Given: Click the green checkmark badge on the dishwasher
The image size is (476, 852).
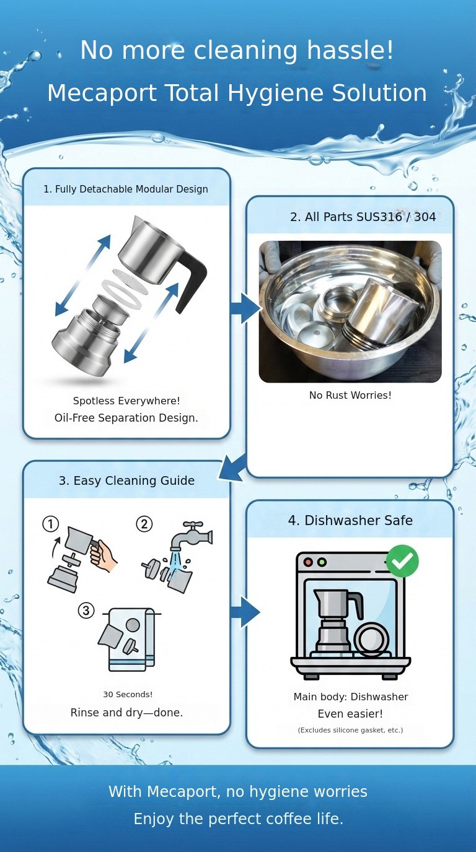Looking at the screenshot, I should coord(402,561).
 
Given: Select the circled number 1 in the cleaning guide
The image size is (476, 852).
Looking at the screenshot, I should coord(50,524).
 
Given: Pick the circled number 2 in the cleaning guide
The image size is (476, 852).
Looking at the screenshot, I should coord(144,524).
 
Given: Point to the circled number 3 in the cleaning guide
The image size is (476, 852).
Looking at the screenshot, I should coord(86,611).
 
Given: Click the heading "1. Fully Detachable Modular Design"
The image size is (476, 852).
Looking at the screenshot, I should coord(126,189).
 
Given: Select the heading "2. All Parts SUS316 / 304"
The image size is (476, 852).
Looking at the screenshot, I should coord(363,217).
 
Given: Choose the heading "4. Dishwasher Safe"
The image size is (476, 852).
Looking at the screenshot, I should coord(350,521).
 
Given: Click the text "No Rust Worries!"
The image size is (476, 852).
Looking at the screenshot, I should coord(350,395).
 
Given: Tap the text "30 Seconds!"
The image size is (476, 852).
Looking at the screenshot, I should coord(127,695).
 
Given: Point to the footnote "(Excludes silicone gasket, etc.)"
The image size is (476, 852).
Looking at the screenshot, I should coord(350,730).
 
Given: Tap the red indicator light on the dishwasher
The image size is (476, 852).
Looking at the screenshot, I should coord(308,562).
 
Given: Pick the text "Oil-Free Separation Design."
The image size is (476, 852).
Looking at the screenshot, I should coord(126,418).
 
